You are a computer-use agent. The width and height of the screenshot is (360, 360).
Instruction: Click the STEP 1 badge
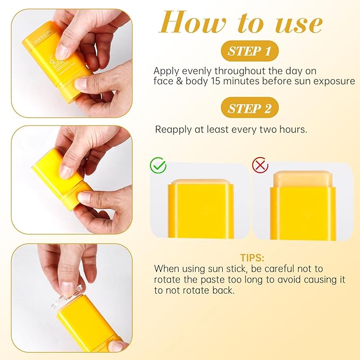tap(250, 51)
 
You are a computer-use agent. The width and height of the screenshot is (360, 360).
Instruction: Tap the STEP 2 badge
tap(250, 109)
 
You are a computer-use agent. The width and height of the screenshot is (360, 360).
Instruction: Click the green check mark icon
tap(158, 165)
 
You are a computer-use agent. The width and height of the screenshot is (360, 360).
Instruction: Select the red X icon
tap(260, 165)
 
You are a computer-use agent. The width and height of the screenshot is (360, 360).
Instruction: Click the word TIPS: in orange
tap(252, 258)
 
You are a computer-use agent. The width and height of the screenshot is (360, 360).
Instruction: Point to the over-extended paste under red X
tap(302, 179)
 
